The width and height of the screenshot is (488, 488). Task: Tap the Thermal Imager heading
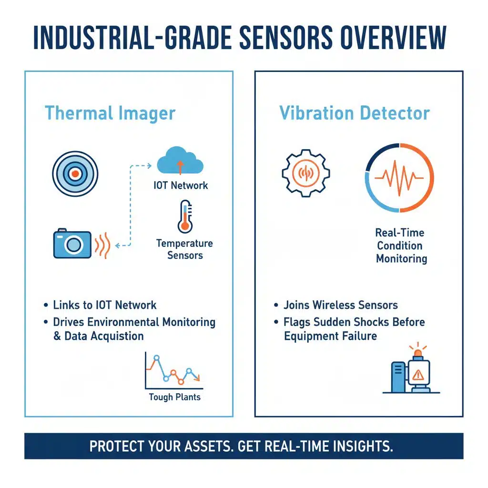pyautogui.click(x=110, y=113)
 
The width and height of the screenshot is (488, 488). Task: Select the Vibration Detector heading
pyautogui.click(x=355, y=113)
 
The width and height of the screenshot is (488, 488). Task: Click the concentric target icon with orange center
pyautogui.click(x=75, y=174)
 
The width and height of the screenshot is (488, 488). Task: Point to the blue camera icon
pyautogui.click(x=72, y=244)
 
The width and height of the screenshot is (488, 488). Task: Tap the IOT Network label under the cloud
pyautogui.click(x=181, y=185)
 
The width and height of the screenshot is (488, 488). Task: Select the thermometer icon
pyautogui.click(x=184, y=216)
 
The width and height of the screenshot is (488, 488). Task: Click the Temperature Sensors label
pyautogui.click(x=185, y=249)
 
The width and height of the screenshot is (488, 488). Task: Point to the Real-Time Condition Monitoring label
pyautogui.click(x=400, y=246)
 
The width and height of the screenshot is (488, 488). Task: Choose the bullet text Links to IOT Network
pyautogui.click(x=105, y=305)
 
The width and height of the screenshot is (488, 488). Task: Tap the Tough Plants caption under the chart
pyautogui.click(x=174, y=396)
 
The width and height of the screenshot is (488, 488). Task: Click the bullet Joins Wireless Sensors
pyautogui.click(x=340, y=305)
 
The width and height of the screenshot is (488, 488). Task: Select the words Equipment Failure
pyautogui.click(x=330, y=336)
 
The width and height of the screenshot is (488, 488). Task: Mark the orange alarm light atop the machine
pyautogui.click(x=418, y=353)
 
